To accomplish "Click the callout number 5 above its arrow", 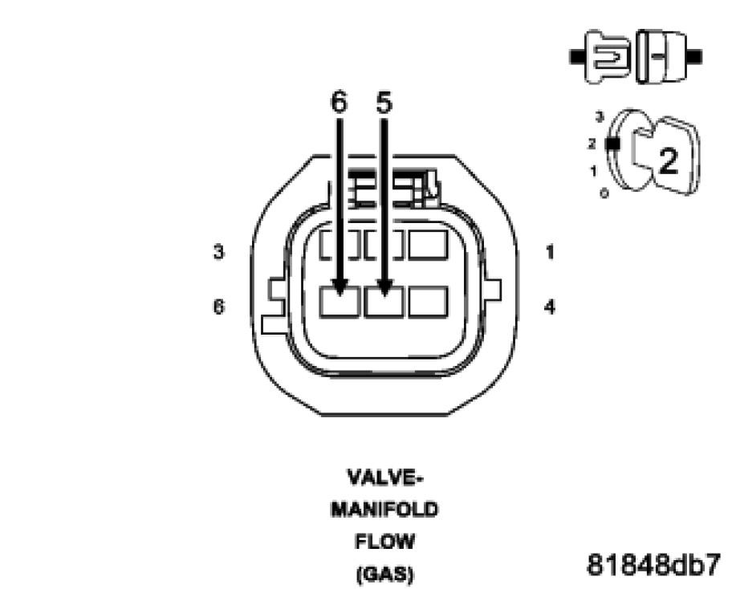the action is pos(384,102).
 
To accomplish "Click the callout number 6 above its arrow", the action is pos(340,102).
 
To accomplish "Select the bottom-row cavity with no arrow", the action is pos(428,302).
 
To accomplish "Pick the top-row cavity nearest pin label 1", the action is pos(428,244).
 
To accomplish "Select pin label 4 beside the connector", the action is pos(550,307).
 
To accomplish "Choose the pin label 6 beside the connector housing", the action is pos(218,307).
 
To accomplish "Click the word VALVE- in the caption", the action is pos(384,478).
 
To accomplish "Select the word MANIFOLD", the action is pos(384,510).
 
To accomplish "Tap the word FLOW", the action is pos(384,542).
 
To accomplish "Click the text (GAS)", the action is pos(384,574).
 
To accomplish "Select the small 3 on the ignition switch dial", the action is pos(599,117).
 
